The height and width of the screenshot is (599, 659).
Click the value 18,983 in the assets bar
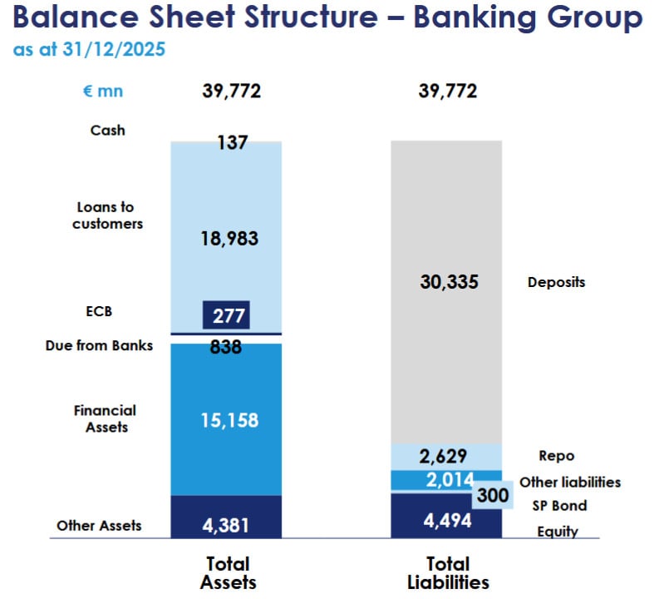coord(229,239)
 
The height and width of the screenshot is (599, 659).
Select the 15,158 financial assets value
coord(229,420)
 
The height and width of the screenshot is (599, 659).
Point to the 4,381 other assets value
coord(226,525)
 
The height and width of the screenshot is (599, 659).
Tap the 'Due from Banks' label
coord(99,345)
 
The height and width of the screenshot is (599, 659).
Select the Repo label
coord(557,456)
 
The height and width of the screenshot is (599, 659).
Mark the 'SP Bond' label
coord(558,506)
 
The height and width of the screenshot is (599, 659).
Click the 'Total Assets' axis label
coord(227,573)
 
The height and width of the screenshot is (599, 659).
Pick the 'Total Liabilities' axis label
coord(447,573)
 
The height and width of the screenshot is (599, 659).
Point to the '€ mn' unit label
coord(102,92)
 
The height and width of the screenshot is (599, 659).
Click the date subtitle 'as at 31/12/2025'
coord(89,50)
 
